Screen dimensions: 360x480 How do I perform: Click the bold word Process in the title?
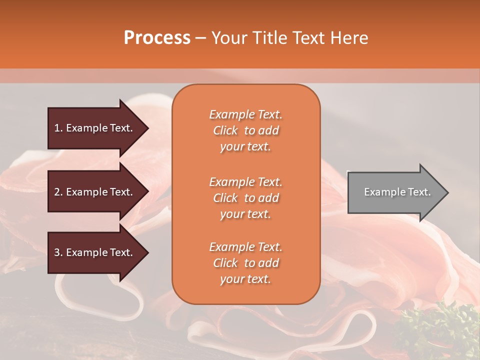pyautogui.click(x=157, y=38)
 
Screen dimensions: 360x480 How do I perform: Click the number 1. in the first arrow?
pyautogui.click(x=58, y=128)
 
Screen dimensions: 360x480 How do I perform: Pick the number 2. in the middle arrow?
pyautogui.click(x=58, y=192)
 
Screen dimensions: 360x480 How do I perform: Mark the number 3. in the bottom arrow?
pyautogui.click(x=58, y=252)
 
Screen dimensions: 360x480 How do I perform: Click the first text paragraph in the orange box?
pyautogui.click(x=245, y=130)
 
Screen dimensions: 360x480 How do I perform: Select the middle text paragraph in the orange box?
pyautogui.click(x=245, y=198)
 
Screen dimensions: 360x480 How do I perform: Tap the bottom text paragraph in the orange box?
pyautogui.click(x=245, y=263)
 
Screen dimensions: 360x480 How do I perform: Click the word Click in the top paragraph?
pyautogui.click(x=225, y=130)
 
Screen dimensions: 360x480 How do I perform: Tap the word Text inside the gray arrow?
pyautogui.click(x=419, y=192)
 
